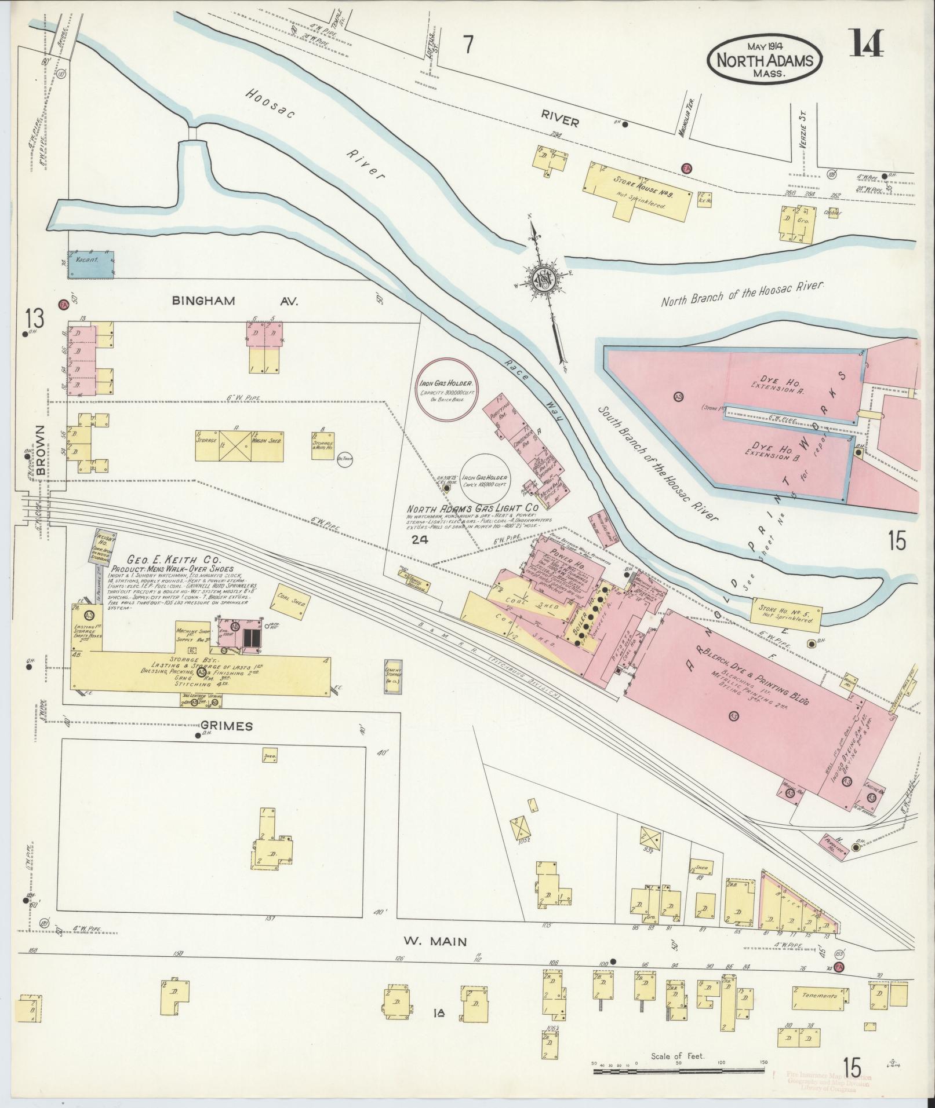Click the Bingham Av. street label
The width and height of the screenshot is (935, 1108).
point(234,301)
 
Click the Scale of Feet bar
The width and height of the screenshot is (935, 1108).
point(678,1072)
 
